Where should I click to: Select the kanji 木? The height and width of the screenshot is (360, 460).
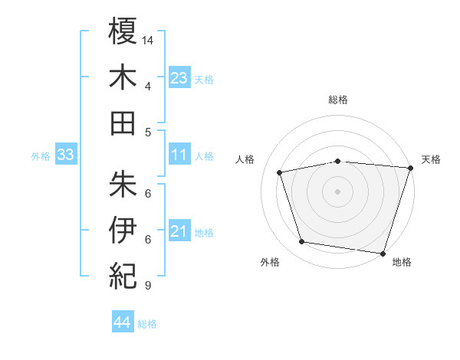point(123,77)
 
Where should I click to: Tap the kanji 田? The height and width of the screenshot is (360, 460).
point(123,123)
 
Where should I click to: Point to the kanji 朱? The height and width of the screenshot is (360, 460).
point(123,184)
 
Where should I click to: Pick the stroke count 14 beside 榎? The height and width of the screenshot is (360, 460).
point(149,39)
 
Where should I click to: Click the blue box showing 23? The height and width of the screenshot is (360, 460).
point(179,77)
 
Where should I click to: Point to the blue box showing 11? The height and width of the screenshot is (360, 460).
point(179,155)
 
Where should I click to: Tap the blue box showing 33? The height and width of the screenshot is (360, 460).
point(66,155)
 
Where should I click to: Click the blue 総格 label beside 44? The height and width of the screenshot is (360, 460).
point(147,324)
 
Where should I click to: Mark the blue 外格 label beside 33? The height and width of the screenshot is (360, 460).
point(41,156)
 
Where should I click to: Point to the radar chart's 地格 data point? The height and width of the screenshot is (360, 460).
point(383,252)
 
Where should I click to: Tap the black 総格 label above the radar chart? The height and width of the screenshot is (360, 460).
point(338,100)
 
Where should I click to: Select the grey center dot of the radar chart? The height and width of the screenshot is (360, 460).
point(337,191)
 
